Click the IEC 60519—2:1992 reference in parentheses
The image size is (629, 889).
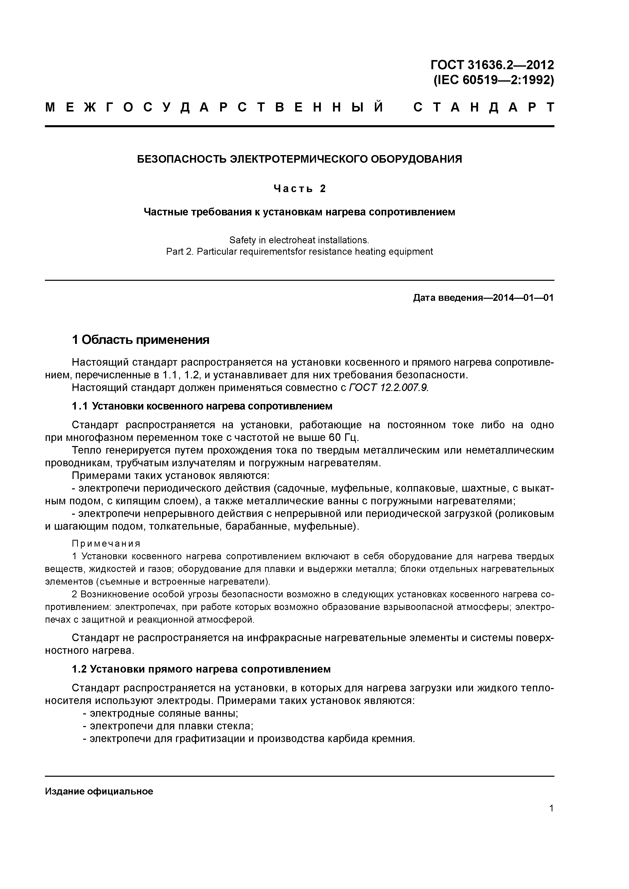(493, 80)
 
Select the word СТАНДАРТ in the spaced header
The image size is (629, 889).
(484, 107)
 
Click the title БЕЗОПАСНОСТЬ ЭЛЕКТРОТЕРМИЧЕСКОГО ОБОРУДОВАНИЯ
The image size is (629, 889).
(300, 159)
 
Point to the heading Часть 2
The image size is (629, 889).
(300, 189)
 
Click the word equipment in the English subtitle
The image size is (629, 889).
(412, 252)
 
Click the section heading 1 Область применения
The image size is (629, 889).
(140, 340)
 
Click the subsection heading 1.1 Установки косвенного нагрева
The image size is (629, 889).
(202, 406)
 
